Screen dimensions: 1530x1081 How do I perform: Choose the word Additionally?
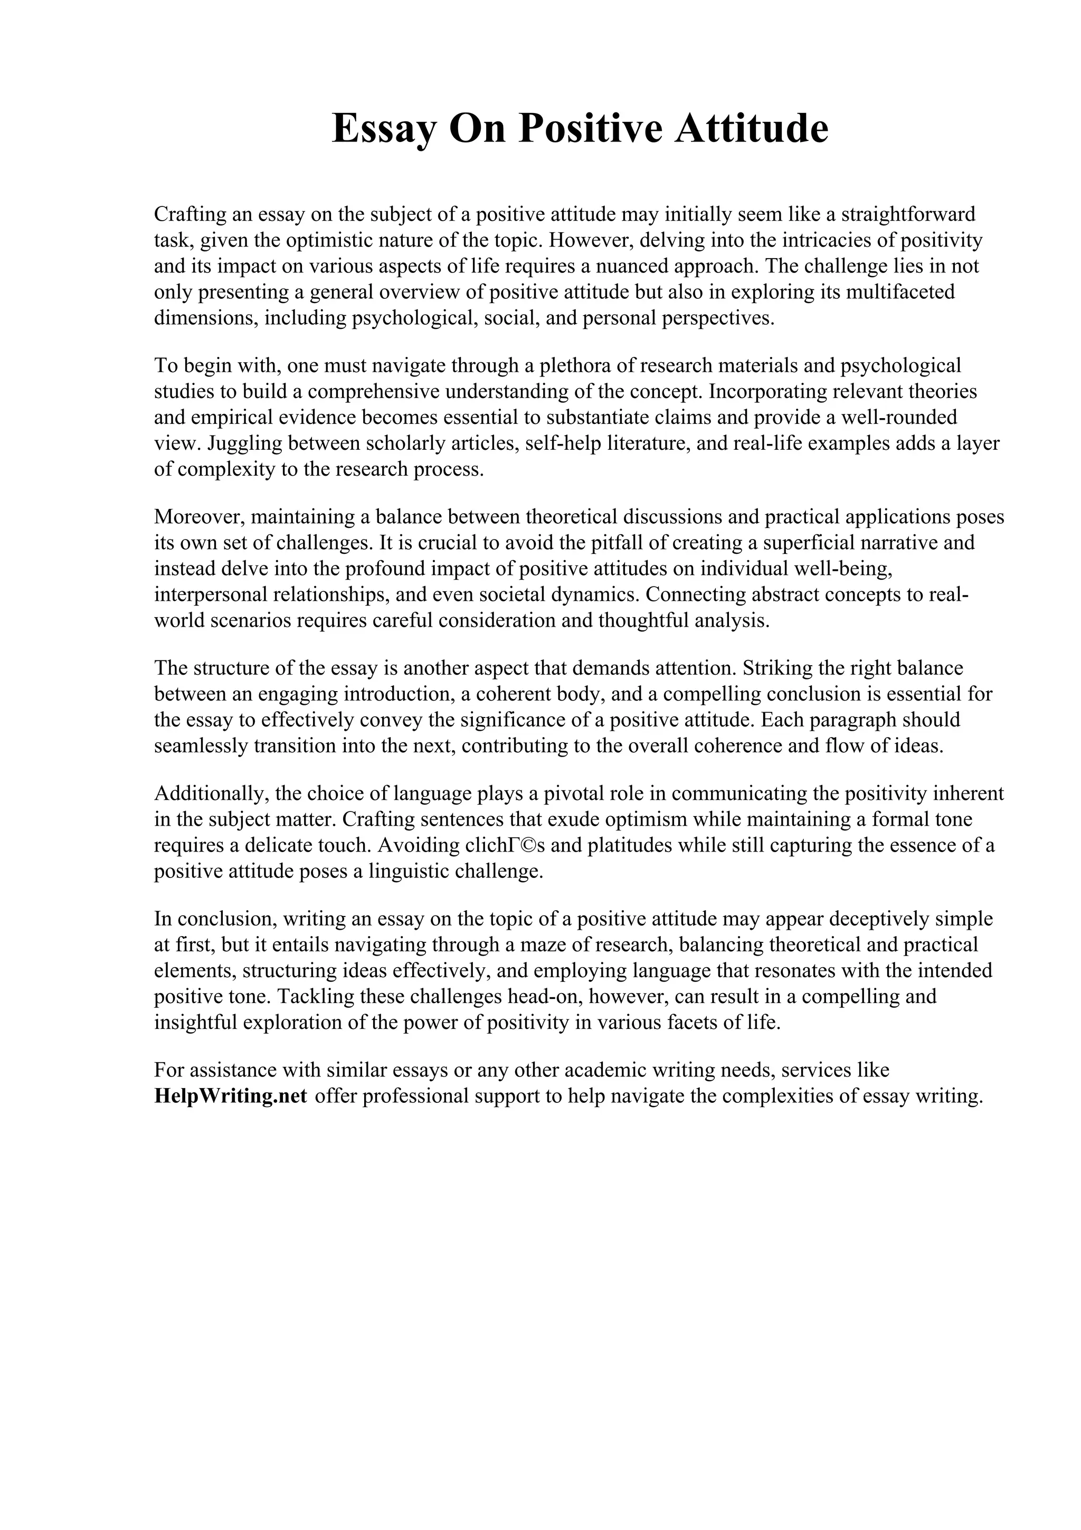tap(212, 793)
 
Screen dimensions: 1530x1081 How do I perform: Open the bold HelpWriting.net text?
tap(231, 1095)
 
